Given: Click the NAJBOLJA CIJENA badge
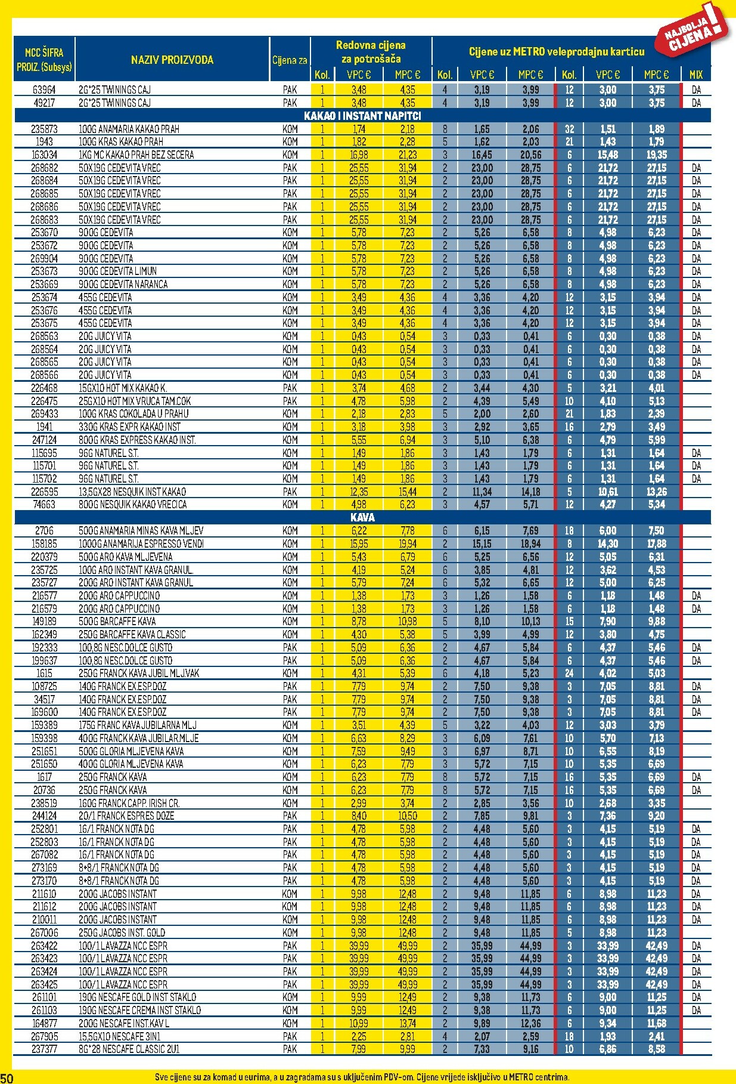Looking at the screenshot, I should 694,30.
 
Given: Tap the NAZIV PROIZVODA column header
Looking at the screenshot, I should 172,60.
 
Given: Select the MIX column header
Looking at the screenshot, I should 695,75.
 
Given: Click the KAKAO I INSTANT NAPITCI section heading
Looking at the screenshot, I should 362,116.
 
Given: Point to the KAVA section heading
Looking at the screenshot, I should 362,517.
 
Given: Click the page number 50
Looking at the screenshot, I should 7,1077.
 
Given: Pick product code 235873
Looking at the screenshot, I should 44,129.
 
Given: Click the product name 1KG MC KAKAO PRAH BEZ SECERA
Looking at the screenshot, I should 136,155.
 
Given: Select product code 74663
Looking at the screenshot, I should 44,504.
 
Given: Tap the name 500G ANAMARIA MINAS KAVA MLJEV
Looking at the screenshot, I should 141,530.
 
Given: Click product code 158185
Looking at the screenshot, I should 44,543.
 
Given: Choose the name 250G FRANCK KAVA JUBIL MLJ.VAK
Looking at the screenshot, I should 139,673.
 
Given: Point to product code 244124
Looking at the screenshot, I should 44,816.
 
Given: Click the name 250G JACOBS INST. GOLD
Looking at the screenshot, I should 122,932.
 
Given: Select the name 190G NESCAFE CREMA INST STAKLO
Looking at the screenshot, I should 139,1010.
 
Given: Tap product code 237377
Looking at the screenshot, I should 44,1049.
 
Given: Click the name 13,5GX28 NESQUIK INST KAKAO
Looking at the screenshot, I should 132,492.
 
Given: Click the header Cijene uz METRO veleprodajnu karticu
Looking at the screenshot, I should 556,52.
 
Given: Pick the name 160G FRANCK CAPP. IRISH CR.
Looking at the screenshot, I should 129,803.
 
